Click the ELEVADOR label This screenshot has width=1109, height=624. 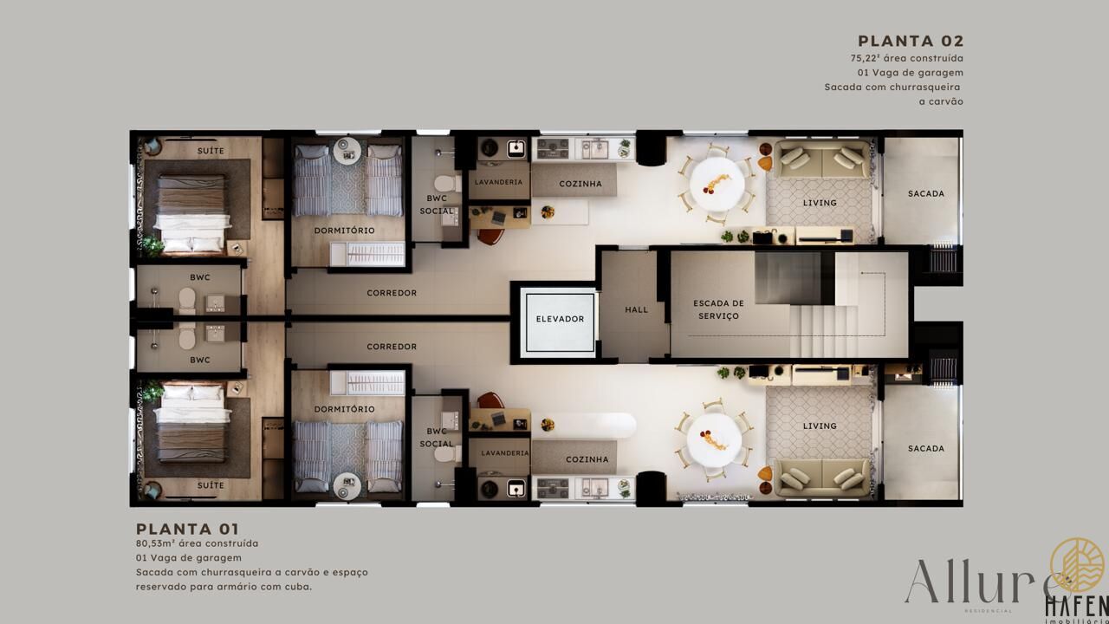click(x=560, y=319)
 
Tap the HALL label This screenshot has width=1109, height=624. click(x=636, y=309)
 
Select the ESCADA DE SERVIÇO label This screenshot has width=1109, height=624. click(x=718, y=309)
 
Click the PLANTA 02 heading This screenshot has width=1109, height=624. click(x=911, y=41)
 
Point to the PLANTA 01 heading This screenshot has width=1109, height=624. click(x=188, y=529)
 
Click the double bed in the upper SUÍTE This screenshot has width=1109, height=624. click(x=192, y=213)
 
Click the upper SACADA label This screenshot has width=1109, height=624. click(x=926, y=193)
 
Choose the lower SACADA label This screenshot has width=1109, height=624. click(x=926, y=449)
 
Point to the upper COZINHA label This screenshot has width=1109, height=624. click(x=580, y=184)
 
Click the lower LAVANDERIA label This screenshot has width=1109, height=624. click(x=504, y=453)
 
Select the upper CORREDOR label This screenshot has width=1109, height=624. click(x=392, y=293)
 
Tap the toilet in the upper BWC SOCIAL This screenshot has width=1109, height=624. click(x=448, y=184)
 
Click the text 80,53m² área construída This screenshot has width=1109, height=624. click(x=197, y=543)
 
